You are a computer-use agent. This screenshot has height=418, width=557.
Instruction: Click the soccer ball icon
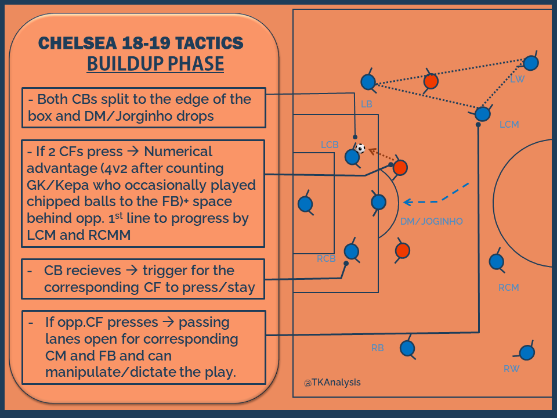[360, 149]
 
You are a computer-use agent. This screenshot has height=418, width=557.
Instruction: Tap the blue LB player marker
[367, 82]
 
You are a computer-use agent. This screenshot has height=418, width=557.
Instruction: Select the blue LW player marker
[530, 63]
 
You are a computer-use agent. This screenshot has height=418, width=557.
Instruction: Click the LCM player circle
[483, 114]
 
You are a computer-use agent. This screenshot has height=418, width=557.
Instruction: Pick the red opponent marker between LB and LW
[431, 81]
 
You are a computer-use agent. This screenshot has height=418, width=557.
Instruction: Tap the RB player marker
[408, 348]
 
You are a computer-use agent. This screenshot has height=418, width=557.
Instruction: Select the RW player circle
[526, 352]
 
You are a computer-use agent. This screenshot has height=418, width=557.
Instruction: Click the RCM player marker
[495, 261]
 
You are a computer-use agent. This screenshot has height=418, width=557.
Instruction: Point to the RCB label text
[326, 259]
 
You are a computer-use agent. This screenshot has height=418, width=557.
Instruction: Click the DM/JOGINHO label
[432, 221]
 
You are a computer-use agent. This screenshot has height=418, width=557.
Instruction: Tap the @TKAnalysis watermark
[332, 383]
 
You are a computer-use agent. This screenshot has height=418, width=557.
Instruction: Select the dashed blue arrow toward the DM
[441, 197]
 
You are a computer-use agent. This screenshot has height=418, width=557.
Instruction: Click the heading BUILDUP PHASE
[155, 63]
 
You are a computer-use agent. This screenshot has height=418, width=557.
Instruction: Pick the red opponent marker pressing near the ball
[400, 168]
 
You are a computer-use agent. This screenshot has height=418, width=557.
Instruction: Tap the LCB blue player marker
[352, 157]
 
